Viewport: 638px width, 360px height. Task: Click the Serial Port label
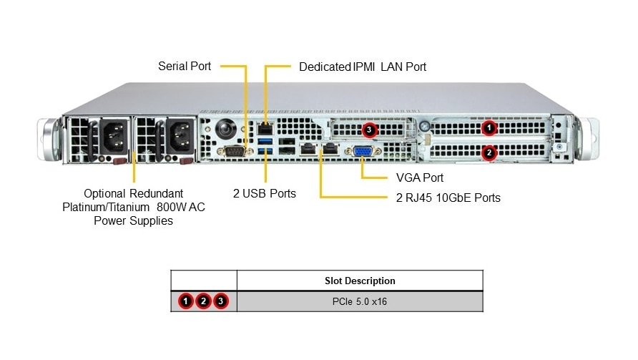(184, 67)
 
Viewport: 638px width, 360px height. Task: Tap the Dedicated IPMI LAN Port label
(362, 67)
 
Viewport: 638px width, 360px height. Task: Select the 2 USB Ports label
(264, 193)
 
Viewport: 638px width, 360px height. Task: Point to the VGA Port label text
(419, 177)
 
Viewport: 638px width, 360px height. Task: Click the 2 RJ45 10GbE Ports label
(448, 198)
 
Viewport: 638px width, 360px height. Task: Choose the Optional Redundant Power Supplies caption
(134, 207)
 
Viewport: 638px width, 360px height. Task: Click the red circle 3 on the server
(368, 130)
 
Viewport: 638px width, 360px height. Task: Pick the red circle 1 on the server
(489, 129)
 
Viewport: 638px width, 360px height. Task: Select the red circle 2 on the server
(489, 152)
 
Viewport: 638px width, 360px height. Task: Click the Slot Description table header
(360, 281)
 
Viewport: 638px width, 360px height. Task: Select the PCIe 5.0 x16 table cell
(360, 301)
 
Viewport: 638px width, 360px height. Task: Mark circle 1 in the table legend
(186, 301)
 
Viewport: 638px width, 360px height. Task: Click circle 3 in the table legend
(221, 301)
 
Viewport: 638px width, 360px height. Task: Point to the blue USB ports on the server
(265, 148)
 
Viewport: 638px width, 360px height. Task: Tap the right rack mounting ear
(587, 137)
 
